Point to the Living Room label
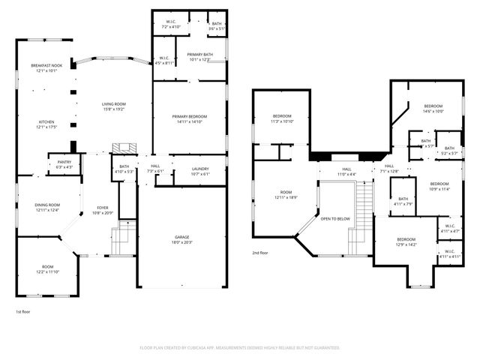pos(114,103)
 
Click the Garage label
pos(182,237)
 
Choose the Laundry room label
pos(199,169)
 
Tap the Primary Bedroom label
pos(189,117)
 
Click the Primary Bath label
pos(200,55)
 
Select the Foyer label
pos(103,208)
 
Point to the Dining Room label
pos(47,205)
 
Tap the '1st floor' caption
pos(23,311)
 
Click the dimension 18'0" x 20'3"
pos(182,242)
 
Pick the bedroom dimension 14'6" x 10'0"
pos(433,112)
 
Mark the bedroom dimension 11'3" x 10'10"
pos(282,121)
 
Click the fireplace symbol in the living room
pos(121,148)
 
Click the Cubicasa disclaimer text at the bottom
pos(240,348)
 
